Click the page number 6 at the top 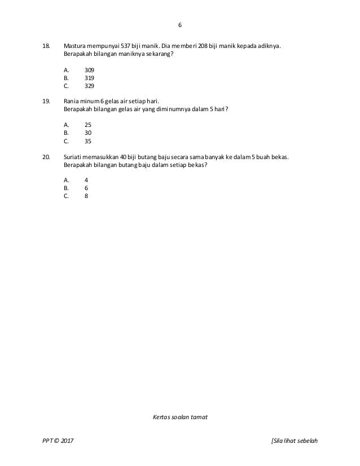[179, 25]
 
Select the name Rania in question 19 [73, 100]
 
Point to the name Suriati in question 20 [74, 156]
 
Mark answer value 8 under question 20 [86, 197]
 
